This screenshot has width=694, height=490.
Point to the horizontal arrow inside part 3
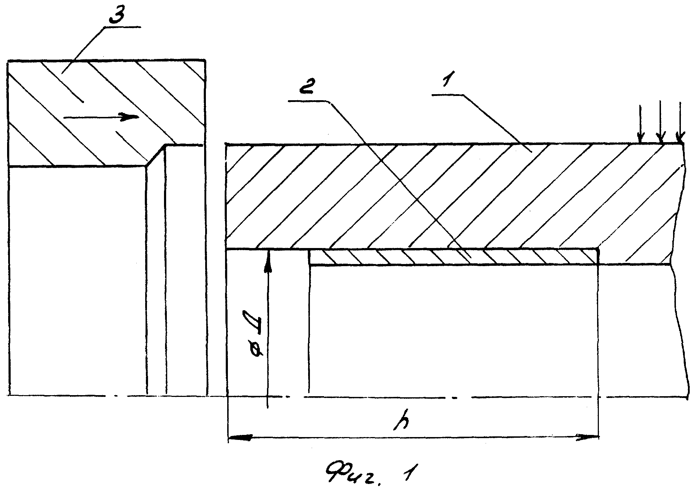[x=101, y=117]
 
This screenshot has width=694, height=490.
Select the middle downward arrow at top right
[x=660, y=122]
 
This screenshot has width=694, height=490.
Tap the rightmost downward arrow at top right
[x=680, y=122]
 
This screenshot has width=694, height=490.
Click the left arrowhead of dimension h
[x=240, y=437]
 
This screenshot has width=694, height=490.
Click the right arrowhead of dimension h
[x=587, y=437]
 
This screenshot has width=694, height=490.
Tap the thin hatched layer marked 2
[x=454, y=257]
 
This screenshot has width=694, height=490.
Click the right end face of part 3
[x=205, y=227]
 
